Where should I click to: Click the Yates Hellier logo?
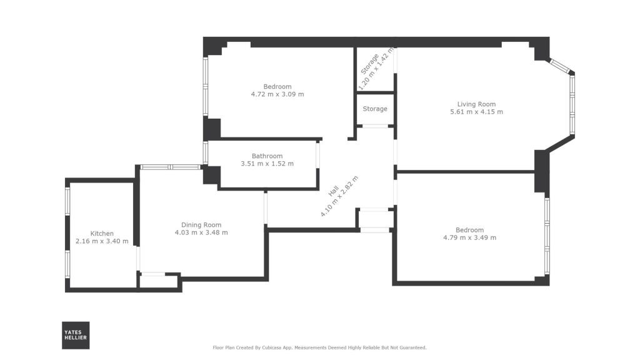pyautogui.click(x=76, y=335)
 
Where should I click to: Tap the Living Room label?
pyautogui.click(x=476, y=104)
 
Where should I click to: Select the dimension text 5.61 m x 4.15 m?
pyautogui.click(x=476, y=112)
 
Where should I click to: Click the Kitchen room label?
pyautogui.click(x=102, y=234)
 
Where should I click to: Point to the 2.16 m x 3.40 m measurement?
pyautogui.click(x=102, y=241)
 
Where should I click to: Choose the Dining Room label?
pyautogui.click(x=201, y=225)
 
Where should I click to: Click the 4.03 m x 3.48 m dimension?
pyautogui.click(x=201, y=232)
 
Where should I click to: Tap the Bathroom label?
pyautogui.click(x=267, y=156)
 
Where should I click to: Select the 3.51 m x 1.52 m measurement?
pyautogui.click(x=267, y=164)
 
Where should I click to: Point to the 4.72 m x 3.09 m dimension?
pyautogui.click(x=277, y=94)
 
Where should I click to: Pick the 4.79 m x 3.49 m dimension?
pyautogui.click(x=469, y=237)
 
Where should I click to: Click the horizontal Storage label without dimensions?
pyautogui.click(x=375, y=109)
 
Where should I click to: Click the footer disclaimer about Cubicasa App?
pyautogui.click(x=319, y=347)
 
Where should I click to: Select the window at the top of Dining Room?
pyautogui.click(x=169, y=167)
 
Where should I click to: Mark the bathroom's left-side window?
pyautogui.click(x=206, y=152)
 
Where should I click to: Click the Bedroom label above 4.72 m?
pyautogui.click(x=277, y=86)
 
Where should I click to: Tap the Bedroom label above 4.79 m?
pyautogui.click(x=469, y=230)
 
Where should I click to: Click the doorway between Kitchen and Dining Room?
pyautogui.click(x=138, y=258)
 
